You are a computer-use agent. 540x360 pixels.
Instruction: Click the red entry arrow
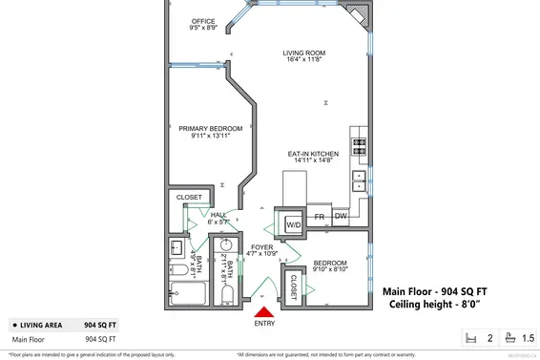coord(264,307)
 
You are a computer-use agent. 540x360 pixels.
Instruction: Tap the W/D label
coord(294,224)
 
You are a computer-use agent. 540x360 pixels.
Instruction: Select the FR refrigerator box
coord(321,217)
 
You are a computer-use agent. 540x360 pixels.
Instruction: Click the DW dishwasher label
coord(341,217)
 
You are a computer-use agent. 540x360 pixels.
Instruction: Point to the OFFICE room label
coord(203,21)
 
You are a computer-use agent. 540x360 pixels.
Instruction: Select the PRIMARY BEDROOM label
coord(205,128)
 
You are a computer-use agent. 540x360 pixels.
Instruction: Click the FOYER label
coord(262,247)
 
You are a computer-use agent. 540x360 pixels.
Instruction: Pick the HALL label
coord(218,216)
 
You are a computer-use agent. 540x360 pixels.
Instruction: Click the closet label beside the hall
coord(187,200)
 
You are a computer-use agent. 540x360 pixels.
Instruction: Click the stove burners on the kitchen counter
coord(361,146)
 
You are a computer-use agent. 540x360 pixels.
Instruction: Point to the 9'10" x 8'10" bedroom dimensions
coord(330,268)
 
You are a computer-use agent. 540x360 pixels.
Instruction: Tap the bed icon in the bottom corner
coord(469,338)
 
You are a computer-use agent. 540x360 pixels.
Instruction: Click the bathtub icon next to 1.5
coord(510,338)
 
